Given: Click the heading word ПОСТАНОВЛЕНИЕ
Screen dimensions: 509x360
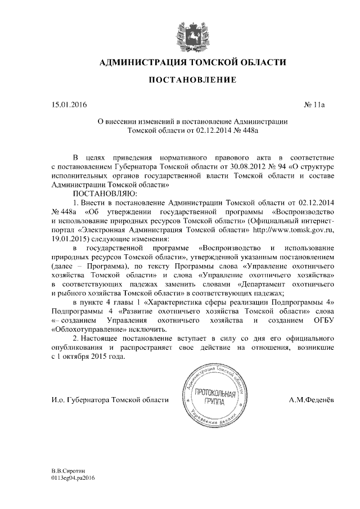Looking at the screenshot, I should [x=192, y=81].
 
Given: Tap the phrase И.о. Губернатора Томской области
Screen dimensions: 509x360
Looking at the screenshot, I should [x=109, y=400].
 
